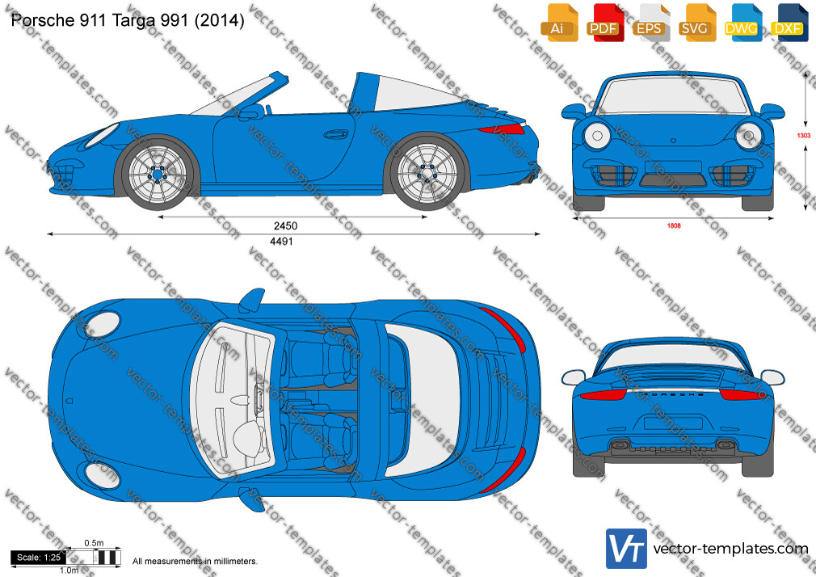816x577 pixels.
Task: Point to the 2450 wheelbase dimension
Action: (x=286, y=225)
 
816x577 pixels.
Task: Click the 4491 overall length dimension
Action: (x=281, y=241)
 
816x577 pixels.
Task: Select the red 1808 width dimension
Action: (x=674, y=225)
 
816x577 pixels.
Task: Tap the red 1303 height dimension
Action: (x=804, y=136)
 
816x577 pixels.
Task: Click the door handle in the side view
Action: (x=335, y=135)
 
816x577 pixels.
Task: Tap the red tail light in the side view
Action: (x=502, y=128)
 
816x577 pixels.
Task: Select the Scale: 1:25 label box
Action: (x=39, y=558)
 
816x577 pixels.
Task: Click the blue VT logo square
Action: (x=627, y=549)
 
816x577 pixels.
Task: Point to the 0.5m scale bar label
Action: (x=95, y=543)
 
